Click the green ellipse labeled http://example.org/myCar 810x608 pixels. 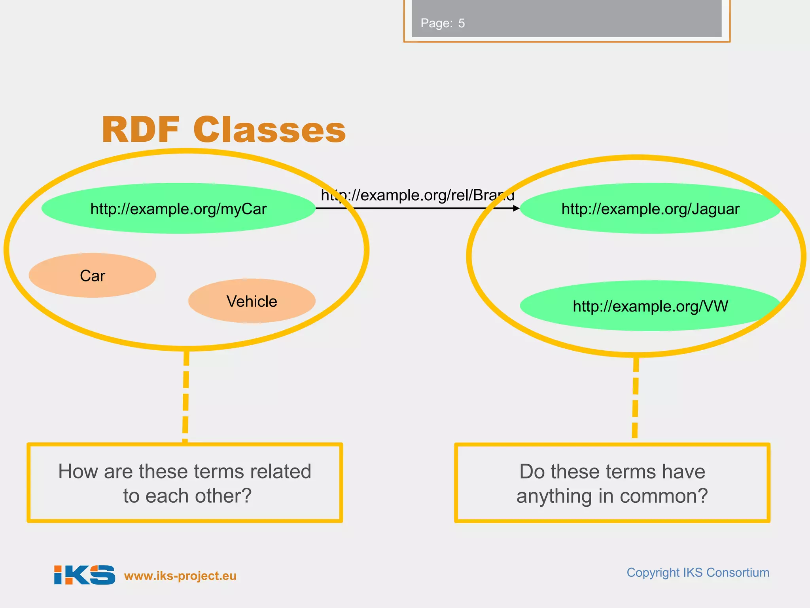(x=178, y=209)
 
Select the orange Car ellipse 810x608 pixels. (x=93, y=275)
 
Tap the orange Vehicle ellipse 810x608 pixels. (x=252, y=301)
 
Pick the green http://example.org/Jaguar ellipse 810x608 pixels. (x=650, y=209)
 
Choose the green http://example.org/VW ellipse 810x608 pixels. (x=650, y=306)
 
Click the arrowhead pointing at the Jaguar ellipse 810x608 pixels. (x=516, y=208)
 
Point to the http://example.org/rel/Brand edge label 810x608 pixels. (x=417, y=195)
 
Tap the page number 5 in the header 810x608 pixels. (x=462, y=23)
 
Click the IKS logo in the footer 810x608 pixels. (x=85, y=575)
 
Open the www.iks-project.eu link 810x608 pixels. (x=180, y=576)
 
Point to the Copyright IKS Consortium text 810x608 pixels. (x=698, y=572)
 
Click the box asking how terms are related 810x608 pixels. (x=185, y=483)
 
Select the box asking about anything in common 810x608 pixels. (x=612, y=483)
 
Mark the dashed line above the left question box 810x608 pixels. (x=186, y=396)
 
